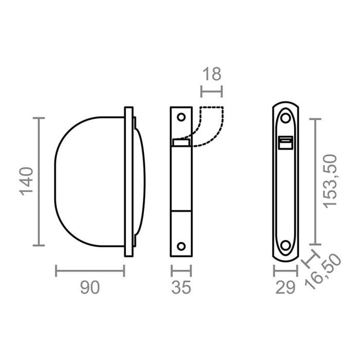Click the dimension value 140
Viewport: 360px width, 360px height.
coord(27,182)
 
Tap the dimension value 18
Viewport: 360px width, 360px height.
coord(211,74)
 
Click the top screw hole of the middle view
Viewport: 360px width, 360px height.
coord(181,117)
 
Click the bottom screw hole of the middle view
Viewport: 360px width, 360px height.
coord(181,245)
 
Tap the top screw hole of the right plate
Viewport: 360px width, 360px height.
coord(284,118)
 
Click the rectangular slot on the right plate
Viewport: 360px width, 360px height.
coord(284,142)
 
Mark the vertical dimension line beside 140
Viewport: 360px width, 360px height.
coord(39,182)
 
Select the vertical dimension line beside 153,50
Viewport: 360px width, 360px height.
coord(315,181)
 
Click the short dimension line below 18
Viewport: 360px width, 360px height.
coord(211,93)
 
